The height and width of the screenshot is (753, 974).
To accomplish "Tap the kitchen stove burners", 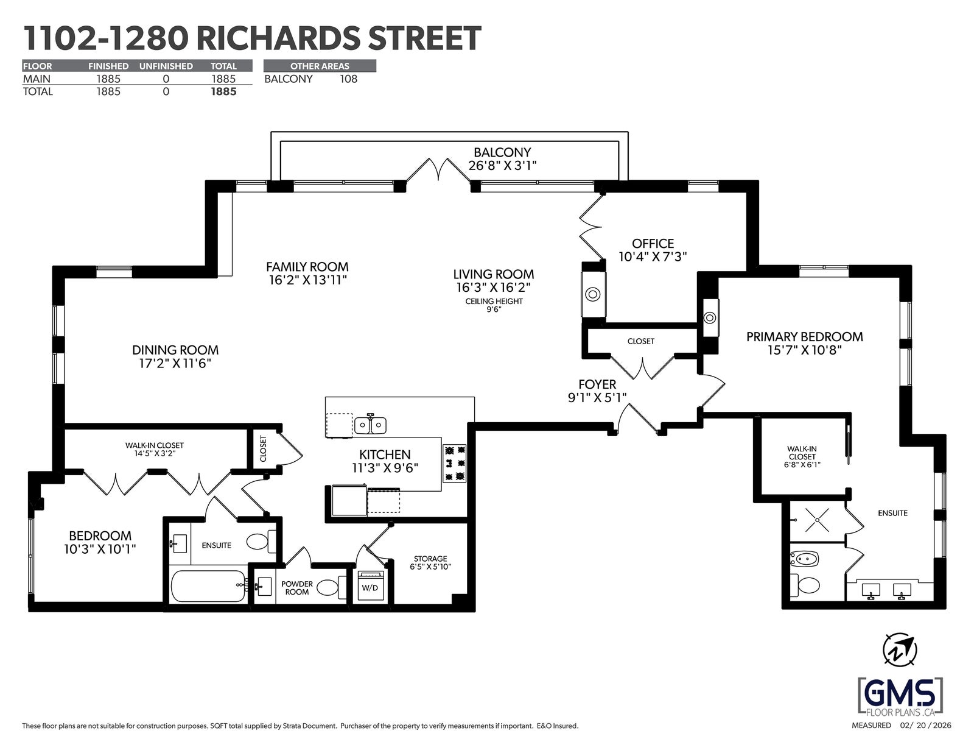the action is [455, 463].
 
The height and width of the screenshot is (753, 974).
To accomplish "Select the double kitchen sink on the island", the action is [370, 424].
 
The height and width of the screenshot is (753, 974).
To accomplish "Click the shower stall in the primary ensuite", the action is [817, 520].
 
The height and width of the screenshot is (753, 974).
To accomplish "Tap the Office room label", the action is [653, 244].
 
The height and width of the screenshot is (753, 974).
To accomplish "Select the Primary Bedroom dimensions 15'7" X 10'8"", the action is [805, 350].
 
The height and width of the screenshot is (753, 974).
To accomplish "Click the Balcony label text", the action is [502, 152].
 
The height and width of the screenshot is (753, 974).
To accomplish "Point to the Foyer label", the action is [597, 384].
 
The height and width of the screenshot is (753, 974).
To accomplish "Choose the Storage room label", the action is [430, 559].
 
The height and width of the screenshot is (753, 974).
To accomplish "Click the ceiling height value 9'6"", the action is [494, 309].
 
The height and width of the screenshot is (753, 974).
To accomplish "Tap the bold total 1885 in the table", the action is [223, 91].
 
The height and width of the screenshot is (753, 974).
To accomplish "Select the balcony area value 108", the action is [348, 79].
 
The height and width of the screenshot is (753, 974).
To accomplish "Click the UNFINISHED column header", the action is [166, 66].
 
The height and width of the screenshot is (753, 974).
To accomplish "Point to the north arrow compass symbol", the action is [899, 650].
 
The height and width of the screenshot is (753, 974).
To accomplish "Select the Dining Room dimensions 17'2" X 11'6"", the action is [175, 363].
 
